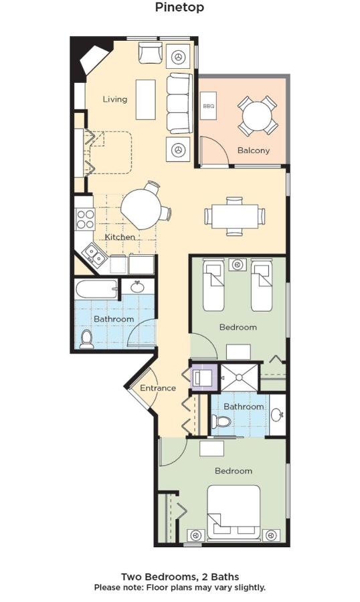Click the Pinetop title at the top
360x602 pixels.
coord(179,7)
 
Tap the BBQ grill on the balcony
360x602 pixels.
coord(209,105)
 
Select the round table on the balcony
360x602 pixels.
coord(258,115)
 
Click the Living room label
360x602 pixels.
coord(115,99)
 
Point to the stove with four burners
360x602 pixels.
coord(85,219)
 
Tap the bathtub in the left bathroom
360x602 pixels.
coord(97,289)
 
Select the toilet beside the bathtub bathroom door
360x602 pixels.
coord(87,338)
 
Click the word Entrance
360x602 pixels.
coord(158,388)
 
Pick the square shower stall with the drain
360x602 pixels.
coord(239,377)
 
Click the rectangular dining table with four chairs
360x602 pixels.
coord(235,216)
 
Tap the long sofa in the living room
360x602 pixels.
coord(179,103)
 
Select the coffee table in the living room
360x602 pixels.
coord(146,100)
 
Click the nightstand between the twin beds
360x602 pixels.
coord(238,265)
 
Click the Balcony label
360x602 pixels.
coord(254,150)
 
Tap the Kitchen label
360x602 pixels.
coord(120,237)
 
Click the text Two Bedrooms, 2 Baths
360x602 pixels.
coord(180,577)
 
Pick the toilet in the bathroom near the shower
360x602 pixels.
coord(221,421)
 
